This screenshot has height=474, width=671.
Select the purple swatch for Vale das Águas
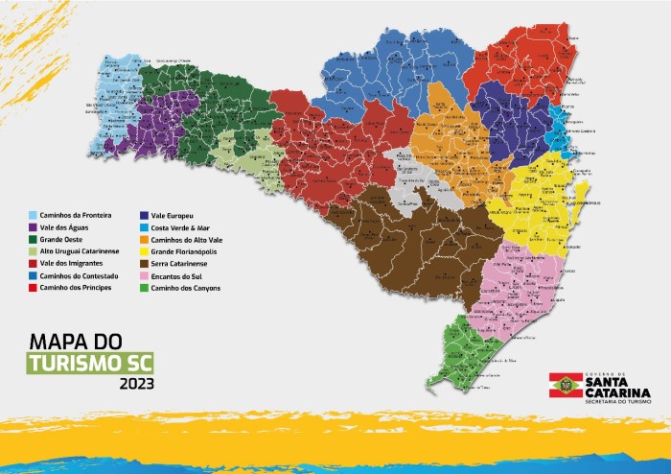(x=33, y=226)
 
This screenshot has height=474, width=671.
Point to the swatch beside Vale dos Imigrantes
(x=33, y=262)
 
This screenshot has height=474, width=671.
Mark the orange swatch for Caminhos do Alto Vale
(x=143, y=238)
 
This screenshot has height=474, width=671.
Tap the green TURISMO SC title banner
(x=95, y=363)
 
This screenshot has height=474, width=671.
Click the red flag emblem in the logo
(x=560, y=385)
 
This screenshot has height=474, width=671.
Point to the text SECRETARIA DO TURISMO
(x=611, y=396)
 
